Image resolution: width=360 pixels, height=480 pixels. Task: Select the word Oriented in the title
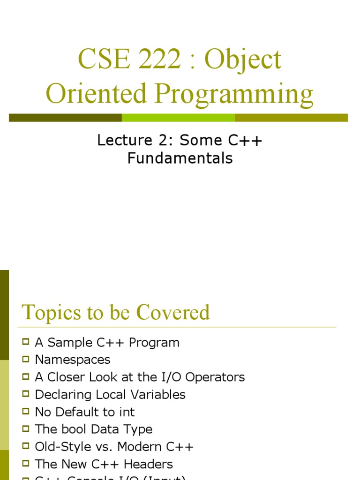pyautogui.click(x=96, y=93)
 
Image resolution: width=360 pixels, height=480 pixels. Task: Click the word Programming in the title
pyautogui.click(x=234, y=93)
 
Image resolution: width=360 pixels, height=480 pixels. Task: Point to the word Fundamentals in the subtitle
pyautogui.click(x=180, y=158)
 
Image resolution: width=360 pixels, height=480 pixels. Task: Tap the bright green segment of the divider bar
pyautogui.click(x=178, y=118)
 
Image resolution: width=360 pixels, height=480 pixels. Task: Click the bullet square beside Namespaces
pyautogui.click(x=26, y=359)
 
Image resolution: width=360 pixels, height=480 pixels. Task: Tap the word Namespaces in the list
pyautogui.click(x=73, y=360)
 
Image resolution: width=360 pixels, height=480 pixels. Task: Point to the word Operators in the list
pyautogui.click(x=217, y=377)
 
